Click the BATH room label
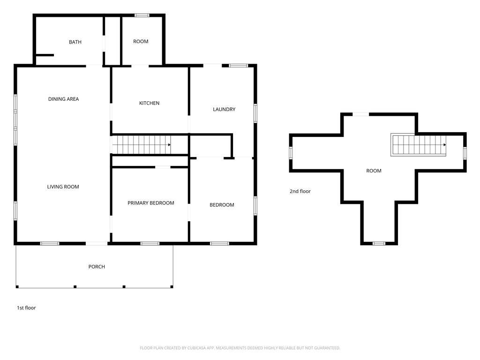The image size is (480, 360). [x=75, y=42]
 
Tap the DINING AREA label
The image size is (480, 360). [x=63, y=99]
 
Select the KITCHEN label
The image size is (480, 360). [x=149, y=103]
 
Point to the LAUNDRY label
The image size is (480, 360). [x=224, y=109]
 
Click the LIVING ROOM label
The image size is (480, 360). [x=63, y=187]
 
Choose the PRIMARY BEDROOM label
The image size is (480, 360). [x=150, y=203]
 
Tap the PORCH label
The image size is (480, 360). [x=97, y=267]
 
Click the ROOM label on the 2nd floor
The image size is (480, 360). [x=374, y=171]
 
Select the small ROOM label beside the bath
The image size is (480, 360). [x=141, y=42]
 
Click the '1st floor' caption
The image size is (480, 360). [x=26, y=308]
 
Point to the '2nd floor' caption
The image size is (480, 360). [x=300, y=191]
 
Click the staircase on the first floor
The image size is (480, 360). [x=141, y=145]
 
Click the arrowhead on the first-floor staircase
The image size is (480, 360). [x=168, y=145]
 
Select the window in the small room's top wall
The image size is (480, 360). [x=142, y=15]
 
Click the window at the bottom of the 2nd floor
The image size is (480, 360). [x=379, y=243]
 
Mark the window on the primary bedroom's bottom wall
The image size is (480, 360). [x=150, y=243]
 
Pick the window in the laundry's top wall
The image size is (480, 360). [x=238, y=66]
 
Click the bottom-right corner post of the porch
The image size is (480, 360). [x=172, y=286]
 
